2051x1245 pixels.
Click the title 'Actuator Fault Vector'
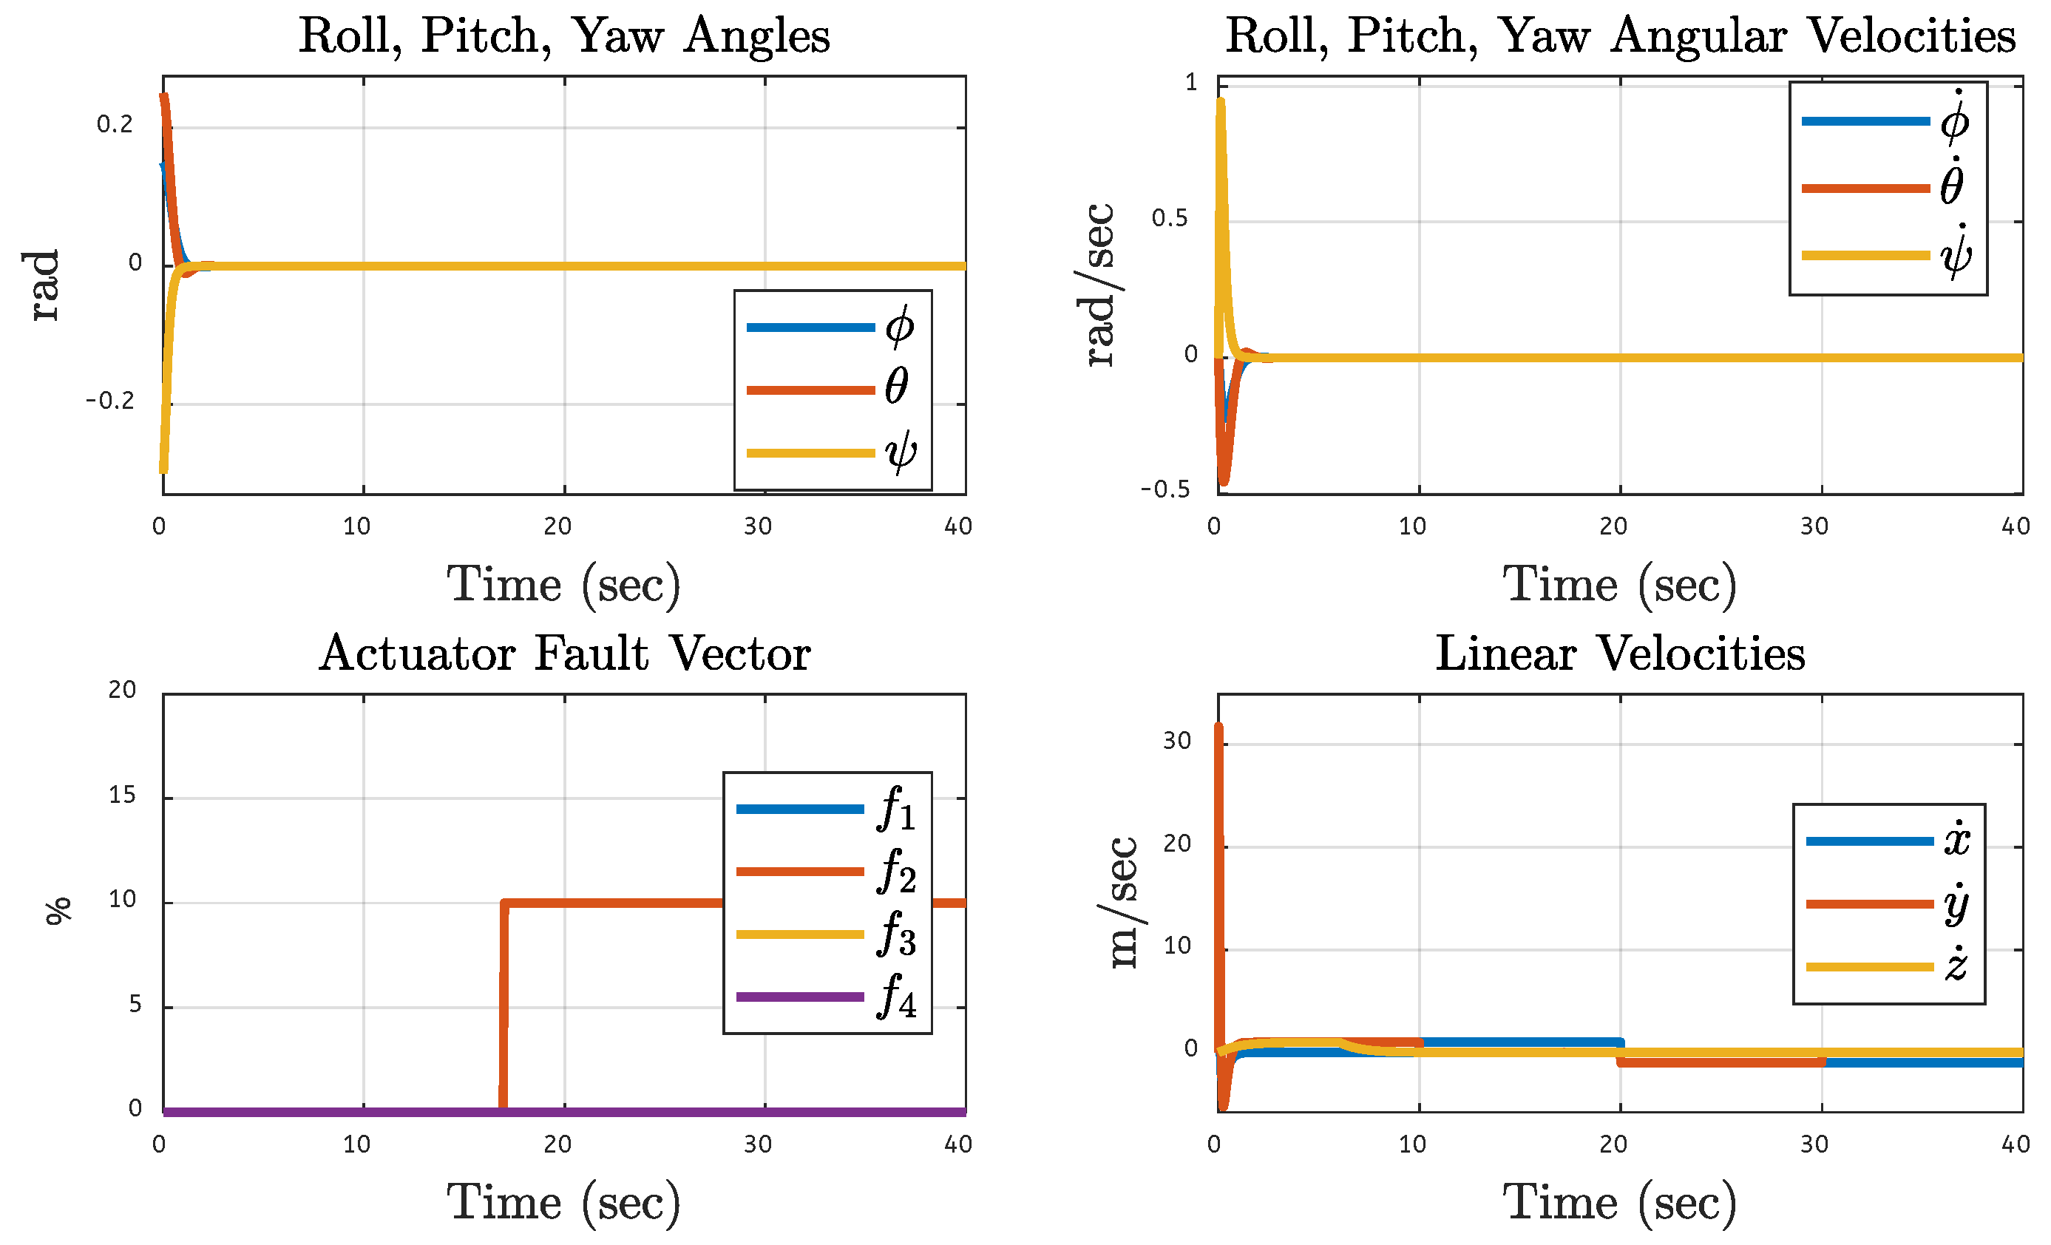[564, 654]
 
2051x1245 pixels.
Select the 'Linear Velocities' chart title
[1620, 654]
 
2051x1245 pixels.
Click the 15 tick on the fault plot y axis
[122, 795]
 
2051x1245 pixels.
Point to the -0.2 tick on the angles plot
[110, 402]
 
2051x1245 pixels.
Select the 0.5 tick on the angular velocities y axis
[1170, 219]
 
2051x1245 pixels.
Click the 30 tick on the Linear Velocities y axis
[1176, 742]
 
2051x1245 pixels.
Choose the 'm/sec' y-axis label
[1123, 903]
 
